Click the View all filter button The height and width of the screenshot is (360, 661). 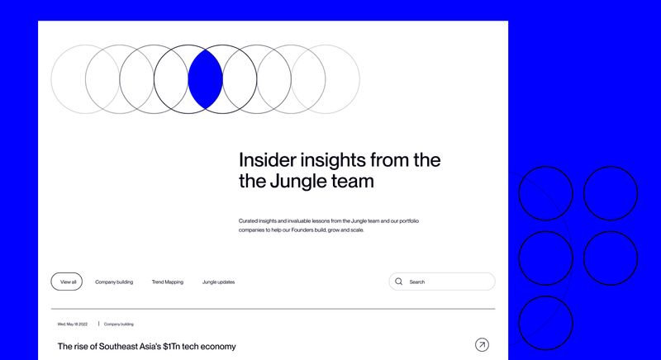coord(67,282)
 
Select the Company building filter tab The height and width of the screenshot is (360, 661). coord(114,282)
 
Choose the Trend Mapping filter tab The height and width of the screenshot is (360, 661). coord(168,282)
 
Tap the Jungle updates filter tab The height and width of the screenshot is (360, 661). coord(218,282)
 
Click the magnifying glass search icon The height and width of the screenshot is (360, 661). coord(398,282)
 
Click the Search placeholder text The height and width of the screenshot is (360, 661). coord(417,282)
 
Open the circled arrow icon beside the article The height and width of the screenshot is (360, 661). coord(482,345)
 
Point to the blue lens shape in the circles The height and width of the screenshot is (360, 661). coord(205,79)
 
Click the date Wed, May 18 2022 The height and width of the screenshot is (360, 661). coord(73,324)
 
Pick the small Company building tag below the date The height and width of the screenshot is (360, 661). coord(118,324)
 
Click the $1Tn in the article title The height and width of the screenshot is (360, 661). coord(172,347)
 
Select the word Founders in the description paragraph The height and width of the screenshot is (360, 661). coord(302,230)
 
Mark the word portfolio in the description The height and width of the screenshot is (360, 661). coord(409,221)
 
